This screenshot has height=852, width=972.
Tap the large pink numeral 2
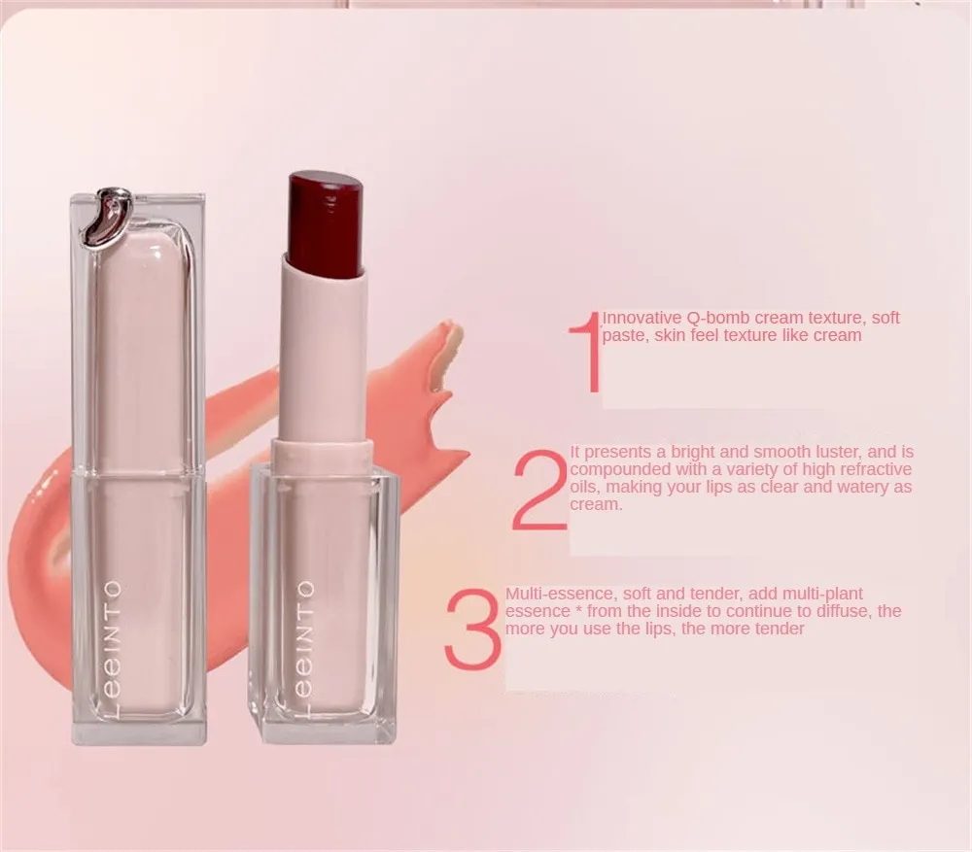(x=539, y=491)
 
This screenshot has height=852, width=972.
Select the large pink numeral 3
(x=472, y=628)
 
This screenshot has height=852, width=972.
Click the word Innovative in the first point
(x=642, y=318)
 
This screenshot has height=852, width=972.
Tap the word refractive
(x=873, y=469)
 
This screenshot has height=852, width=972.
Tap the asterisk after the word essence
(x=578, y=610)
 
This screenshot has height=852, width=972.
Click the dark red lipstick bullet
(x=325, y=223)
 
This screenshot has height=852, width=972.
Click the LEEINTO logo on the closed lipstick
(x=113, y=649)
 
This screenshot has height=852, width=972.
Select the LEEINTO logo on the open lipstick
(x=304, y=649)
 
